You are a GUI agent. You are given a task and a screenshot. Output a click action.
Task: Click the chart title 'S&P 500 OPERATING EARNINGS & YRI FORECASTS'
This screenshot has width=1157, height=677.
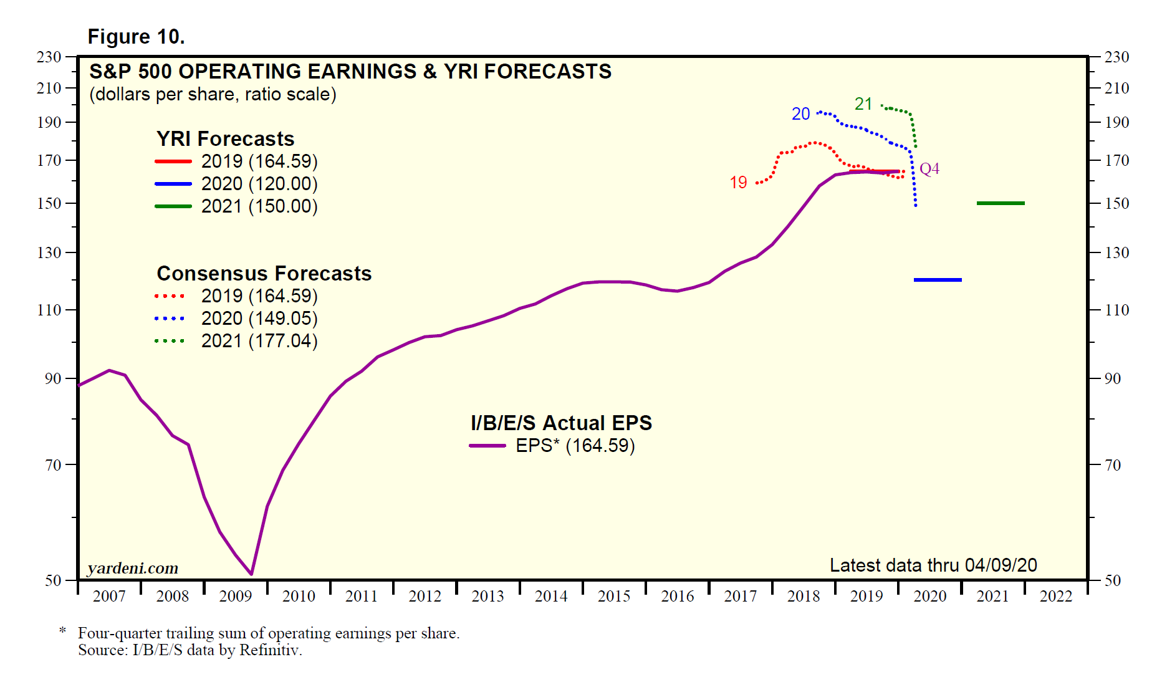(x=350, y=72)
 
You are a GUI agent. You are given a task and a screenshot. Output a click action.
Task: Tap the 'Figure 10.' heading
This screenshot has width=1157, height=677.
(x=136, y=37)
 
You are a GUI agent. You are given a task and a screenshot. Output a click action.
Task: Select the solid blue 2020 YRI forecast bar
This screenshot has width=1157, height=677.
(x=938, y=280)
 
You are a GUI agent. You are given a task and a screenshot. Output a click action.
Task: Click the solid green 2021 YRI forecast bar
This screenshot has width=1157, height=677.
(x=1001, y=203)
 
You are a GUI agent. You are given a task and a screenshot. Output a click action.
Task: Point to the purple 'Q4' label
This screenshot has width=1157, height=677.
(x=929, y=169)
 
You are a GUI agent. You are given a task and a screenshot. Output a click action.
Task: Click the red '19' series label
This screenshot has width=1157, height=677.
(x=738, y=183)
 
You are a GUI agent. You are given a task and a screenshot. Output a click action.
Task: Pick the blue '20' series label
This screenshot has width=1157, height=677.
(x=800, y=114)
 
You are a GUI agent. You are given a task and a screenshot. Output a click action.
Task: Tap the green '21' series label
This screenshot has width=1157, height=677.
(x=863, y=104)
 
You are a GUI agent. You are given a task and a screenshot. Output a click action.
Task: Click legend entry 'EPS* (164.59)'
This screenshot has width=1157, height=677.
(x=575, y=446)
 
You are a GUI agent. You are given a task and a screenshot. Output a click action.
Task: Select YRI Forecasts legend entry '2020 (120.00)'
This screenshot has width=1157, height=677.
(x=259, y=184)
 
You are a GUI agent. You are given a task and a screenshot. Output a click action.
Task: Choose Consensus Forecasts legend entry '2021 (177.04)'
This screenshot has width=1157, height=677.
(x=259, y=341)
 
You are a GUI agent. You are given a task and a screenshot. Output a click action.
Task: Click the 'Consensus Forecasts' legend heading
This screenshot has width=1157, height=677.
(x=264, y=274)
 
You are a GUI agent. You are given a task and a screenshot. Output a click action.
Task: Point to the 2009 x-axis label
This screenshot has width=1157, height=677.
(x=236, y=597)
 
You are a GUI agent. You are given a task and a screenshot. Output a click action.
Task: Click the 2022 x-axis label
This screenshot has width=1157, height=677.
(x=1055, y=597)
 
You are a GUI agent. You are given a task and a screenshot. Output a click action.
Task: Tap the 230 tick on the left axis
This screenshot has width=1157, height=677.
(x=49, y=57)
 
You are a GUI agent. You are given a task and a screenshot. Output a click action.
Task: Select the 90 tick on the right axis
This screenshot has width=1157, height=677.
(x=1112, y=378)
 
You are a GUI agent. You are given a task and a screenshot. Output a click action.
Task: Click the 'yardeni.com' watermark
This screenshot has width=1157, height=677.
(x=133, y=568)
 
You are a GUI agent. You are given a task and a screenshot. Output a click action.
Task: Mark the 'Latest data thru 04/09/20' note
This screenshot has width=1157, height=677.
(x=933, y=565)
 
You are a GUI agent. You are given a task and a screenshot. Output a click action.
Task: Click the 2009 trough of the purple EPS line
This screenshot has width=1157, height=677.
(x=251, y=574)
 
